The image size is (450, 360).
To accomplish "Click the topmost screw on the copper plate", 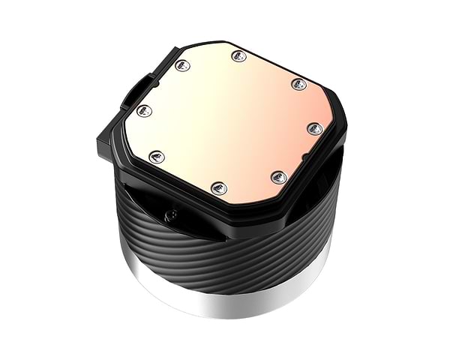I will [238, 55].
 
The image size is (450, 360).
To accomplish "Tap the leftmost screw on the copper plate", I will [145, 111].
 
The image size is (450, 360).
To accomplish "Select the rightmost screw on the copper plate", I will [316, 129].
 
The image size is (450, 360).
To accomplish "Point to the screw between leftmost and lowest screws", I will [157, 156].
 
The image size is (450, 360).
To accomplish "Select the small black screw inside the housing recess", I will [171, 215].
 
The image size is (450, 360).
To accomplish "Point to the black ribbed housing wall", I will [225, 255].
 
